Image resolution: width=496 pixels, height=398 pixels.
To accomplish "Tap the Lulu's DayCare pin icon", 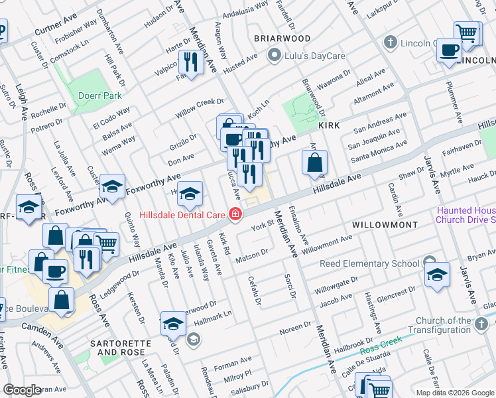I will [x=273, y=56].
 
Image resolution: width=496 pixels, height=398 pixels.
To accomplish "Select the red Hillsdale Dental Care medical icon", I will [x=235, y=214].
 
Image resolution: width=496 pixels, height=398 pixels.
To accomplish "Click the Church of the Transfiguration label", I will [x=448, y=325].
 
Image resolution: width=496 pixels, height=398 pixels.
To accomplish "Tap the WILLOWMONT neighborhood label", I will [x=385, y=225].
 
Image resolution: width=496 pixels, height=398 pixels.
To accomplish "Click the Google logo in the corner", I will [x=22, y=390].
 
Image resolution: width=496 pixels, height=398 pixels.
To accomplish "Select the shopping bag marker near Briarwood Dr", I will [x=314, y=163].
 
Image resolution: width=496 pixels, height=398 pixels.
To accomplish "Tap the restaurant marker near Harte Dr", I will [x=191, y=63].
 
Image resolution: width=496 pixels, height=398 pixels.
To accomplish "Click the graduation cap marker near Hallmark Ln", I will [x=173, y=323].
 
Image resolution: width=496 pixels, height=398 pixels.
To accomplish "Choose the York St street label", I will [x=262, y=227].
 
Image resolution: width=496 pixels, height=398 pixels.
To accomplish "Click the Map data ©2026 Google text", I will [x=455, y=393].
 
